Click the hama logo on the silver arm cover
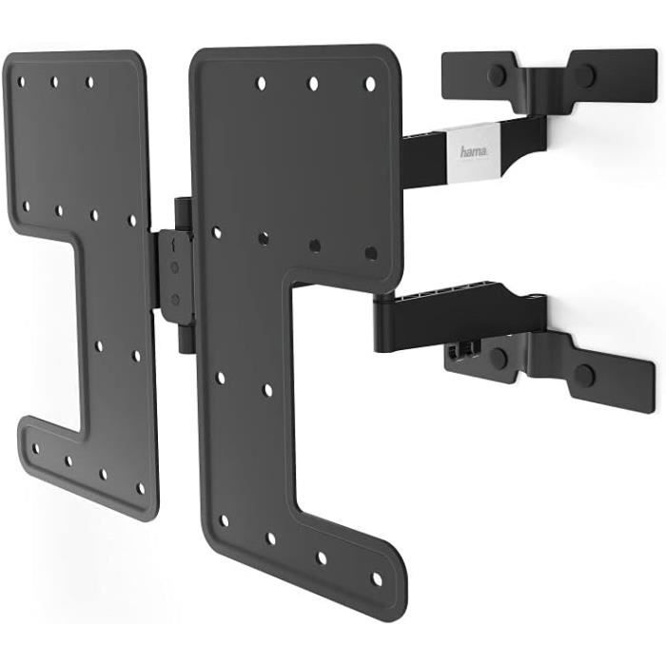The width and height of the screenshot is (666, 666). pos(474,151)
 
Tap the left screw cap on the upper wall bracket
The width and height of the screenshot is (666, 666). pos(497,76)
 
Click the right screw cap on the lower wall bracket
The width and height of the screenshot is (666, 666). pos(584,374)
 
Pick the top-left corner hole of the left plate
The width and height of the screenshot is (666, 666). pos(21,82)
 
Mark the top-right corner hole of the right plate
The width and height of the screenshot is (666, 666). pos(370,84)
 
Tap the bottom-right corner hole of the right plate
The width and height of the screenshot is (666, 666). pos(377,578)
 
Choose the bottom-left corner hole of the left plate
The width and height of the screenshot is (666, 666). pos(36,448)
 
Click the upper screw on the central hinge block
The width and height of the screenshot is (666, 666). pos(174,267)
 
